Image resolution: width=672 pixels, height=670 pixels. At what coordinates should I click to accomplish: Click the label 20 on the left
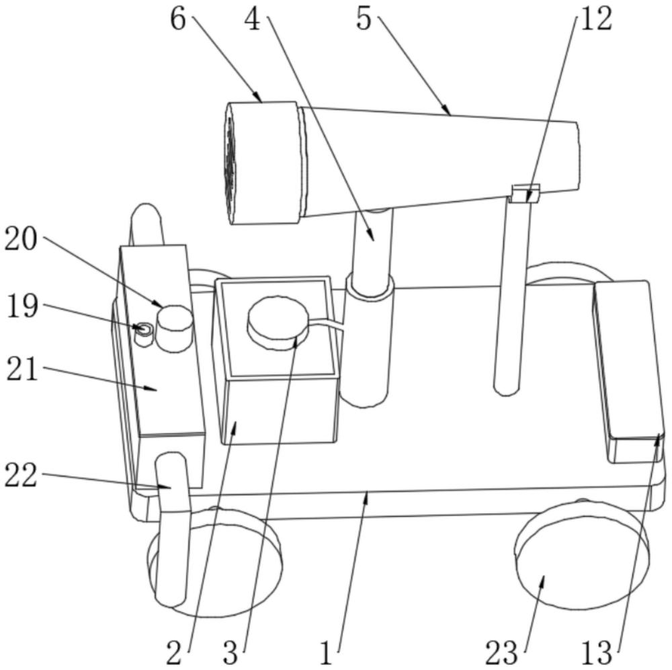click(22, 240)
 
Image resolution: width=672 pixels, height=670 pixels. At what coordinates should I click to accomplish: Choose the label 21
click(22, 370)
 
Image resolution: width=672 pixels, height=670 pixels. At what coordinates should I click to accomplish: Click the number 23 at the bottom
click(502, 652)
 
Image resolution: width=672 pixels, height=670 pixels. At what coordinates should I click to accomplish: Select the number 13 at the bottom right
click(596, 652)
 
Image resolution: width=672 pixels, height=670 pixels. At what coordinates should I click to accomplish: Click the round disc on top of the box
click(277, 318)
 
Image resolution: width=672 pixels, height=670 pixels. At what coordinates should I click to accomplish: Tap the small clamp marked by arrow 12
click(524, 194)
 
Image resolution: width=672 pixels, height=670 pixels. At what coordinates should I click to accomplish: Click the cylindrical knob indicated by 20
click(175, 327)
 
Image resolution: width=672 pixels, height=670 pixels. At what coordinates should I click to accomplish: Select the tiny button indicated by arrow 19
click(143, 329)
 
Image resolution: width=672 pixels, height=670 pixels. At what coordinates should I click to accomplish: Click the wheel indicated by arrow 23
click(581, 564)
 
